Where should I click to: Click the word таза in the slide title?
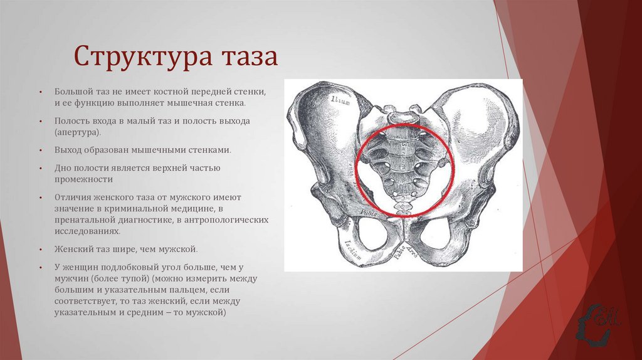pos(248,56)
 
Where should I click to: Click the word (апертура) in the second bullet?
pos(77,132)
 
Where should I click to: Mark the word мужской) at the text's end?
pos(208,312)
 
